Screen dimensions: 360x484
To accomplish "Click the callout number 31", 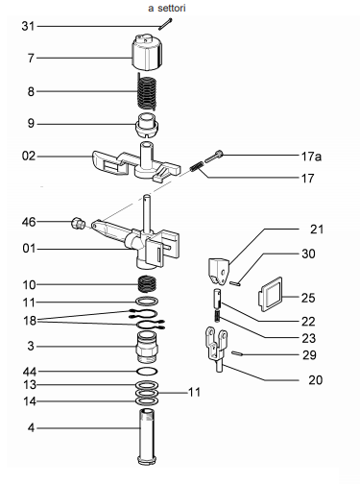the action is click(x=28, y=26).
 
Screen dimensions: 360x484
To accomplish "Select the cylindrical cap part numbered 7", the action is click(x=147, y=52).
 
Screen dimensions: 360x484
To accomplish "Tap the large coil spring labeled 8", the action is click(x=147, y=92).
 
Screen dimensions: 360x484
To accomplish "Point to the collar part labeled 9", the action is click(x=147, y=125).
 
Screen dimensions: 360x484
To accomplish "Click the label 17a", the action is click(x=311, y=157).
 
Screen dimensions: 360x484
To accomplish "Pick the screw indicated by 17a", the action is click(x=214, y=157).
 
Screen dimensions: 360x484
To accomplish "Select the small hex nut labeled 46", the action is click(x=77, y=222).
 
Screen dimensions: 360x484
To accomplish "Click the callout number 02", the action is click(x=28, y=156).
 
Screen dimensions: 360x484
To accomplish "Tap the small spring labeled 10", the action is click(x=147, y=283).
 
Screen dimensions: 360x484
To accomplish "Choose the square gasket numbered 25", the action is click(x=271, y=295).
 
